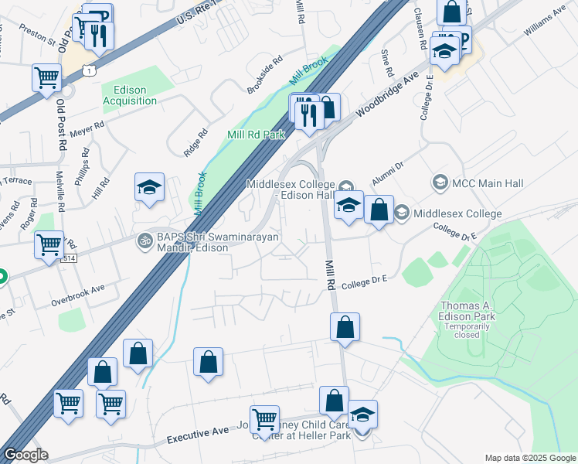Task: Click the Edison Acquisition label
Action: click(x=130, y=95)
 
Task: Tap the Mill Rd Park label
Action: click(x=256, y=135)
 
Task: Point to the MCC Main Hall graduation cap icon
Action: click(x=440, y=183)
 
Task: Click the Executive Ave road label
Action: click(x=198, y=438)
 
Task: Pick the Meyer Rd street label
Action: click(x=87, y=128)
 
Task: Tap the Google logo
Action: click(x=26, y=455)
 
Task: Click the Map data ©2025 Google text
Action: click(x=530, y=458)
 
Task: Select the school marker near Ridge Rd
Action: click(x=150, y=187)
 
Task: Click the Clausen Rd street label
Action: click(x=420, y=29)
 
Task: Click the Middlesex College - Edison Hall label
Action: click(x=291, y=189)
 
